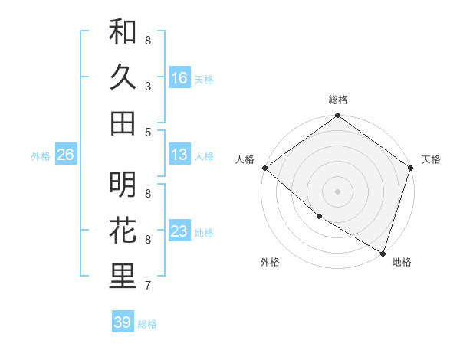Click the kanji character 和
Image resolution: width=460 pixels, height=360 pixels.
[x=123, y=32]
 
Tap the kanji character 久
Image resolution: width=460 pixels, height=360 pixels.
[x=123, y=77]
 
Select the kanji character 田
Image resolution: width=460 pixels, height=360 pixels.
[x=123, y=123]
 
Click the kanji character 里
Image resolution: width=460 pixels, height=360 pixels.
[x=123, y=277]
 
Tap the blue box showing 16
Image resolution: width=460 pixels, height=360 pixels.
[x=179, y=77]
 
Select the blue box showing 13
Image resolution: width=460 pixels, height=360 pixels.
[x=179, y=155]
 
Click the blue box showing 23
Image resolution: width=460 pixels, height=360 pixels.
[x=179, y=231]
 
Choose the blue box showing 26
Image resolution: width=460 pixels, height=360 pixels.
[x=65, y=155]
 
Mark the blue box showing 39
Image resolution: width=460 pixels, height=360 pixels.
[x=123, y=322]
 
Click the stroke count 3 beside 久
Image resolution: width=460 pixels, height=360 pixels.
[x=148, y=87]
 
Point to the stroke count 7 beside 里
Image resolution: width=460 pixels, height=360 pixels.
[x=148, y=286]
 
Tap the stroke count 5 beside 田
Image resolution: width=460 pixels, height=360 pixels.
[x=148, y=132]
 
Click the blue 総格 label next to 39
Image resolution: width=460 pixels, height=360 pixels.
[x=147, y=323]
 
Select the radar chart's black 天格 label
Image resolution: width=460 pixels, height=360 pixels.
[x=431, y=159]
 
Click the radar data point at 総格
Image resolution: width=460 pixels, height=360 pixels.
[x=337, y=116]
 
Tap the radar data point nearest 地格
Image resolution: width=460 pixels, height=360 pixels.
[x=383, y=252]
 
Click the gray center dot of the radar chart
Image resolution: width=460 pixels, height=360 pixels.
[x=337, y=191]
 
